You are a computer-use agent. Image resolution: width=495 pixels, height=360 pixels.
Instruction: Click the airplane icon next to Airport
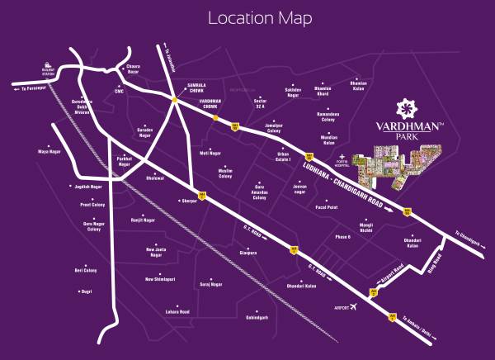pyautogui.click(x=355, y=307)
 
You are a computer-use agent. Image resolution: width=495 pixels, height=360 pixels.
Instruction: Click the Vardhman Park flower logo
pyautogui.click(x=405, y=108)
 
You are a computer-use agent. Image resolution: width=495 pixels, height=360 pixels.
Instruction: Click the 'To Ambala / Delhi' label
pyautogui.click(x=422, y=332)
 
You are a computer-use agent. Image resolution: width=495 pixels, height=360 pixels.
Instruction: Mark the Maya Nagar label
pyautogui.click(x=50, y=152)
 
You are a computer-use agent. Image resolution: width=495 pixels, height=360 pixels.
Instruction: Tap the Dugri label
pyautogui.click(x=86, y=291)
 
